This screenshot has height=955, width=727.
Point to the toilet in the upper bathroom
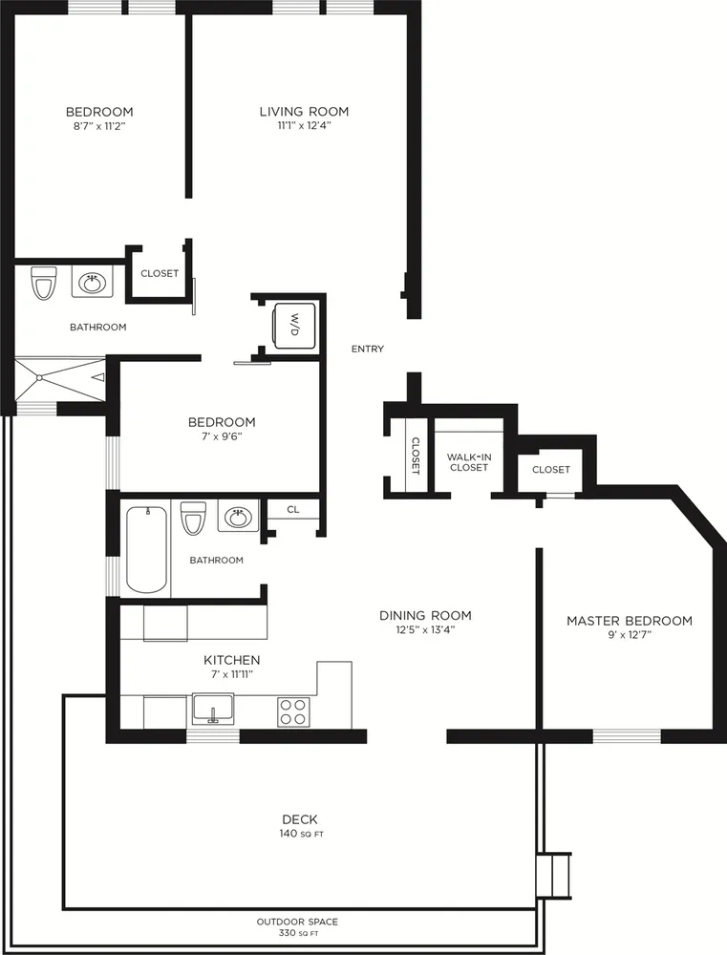pos(44,283)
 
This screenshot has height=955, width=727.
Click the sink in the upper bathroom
pos(93,284)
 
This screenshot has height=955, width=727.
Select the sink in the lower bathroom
pos(237,519)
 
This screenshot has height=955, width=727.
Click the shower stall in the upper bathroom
pos(57,378)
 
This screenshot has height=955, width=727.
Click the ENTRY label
pos(368,350)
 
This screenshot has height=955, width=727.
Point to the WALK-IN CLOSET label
pos(469,462)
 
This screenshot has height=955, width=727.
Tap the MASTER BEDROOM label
pos(630,621)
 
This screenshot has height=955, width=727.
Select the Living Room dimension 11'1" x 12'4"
pos(304,125)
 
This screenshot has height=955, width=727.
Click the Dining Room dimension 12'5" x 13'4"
pos(425,629)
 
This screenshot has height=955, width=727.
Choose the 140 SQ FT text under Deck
pos(300,834)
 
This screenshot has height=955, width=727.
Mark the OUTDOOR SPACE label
pos(297,922)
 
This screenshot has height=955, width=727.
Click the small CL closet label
pos(293,510)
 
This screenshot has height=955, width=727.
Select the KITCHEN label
pos(231,660)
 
